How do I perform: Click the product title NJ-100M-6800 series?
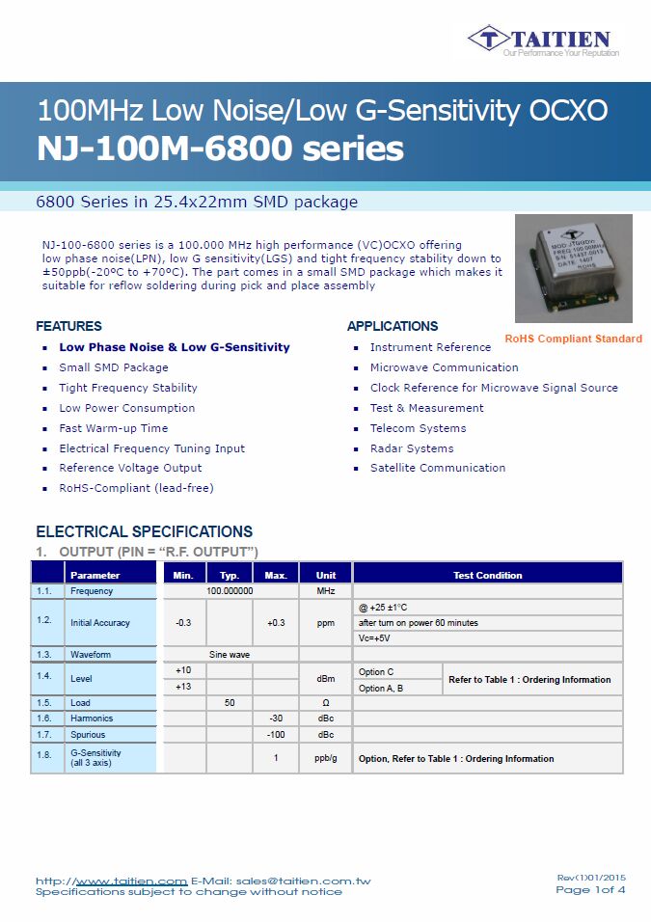point(220,149)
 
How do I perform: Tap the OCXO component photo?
point(573,268)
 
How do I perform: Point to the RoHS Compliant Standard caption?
point(573,339)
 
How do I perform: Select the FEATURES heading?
point(68,326)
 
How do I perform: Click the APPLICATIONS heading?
point(393,326)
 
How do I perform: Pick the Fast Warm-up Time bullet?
point(113,428)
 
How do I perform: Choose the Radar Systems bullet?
point(411,448)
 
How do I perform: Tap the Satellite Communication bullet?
point(437,468)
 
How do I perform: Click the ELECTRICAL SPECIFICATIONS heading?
point(144,531)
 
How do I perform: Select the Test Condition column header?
point(487,576)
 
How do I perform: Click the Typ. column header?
point(230,576)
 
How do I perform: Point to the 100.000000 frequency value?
point(230,591)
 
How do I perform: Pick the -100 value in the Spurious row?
point(276,735)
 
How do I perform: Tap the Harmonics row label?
point(92,719)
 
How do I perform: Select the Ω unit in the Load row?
point(325,703)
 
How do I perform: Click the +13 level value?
point(183,687)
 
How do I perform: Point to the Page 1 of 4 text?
point(590,889)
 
